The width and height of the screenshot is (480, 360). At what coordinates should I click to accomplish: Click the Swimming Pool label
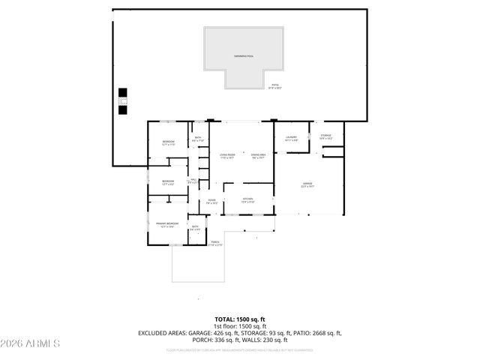click(x=244, y=56)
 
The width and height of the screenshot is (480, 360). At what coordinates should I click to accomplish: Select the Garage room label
click(x=307, y=184)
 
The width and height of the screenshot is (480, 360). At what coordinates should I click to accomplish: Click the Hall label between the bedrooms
click(x=193, y=181)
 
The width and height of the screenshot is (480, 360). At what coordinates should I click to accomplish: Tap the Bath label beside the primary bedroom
click(x=195, y=228)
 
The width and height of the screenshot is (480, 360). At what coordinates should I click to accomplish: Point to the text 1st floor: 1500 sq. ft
click(x=240, y=326)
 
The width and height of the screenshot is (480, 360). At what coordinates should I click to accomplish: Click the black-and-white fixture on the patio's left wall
click(x=122, y=102)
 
